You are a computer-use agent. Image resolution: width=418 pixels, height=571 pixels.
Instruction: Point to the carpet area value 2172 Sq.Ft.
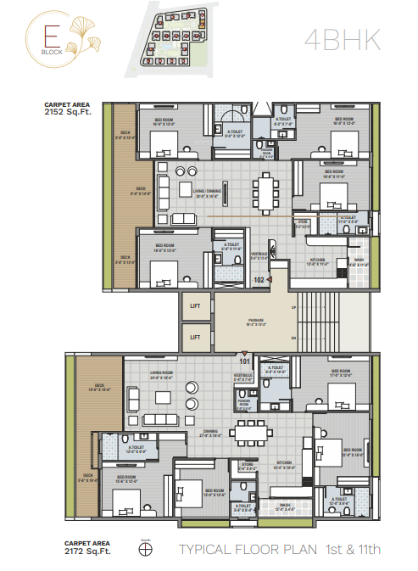tap(87, 552)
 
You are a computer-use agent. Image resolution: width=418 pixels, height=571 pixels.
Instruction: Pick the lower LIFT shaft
tap(195, 337)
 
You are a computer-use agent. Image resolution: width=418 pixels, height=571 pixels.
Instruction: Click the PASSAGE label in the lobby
tap(255, 321)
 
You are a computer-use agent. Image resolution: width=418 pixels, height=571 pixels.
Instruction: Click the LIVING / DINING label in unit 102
tap(208, 193)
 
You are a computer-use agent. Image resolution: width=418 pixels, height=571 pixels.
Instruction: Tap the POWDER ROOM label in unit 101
tap(243, 406)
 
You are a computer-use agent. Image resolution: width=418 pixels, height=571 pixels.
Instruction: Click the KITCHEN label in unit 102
tap(317, 260)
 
